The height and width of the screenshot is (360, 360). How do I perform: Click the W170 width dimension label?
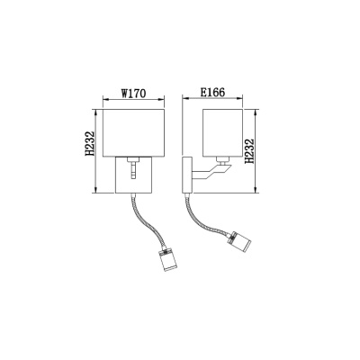[x=133, y=94]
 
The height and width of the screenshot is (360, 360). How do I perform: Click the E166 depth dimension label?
[x=212, y=93]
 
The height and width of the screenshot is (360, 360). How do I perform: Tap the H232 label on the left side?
[x=90, y=144]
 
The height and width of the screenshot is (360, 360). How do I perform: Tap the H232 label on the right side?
[x=249, y=151]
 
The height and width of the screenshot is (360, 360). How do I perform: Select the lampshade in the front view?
[x=134, y=133]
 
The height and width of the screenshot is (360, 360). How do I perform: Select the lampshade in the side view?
[x=222, y=133]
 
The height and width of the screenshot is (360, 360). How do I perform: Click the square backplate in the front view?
[x=134, y=175]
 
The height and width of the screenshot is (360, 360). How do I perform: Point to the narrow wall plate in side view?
[x=187, y=175]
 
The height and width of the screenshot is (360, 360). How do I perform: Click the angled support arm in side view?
[x=211, y=173]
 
